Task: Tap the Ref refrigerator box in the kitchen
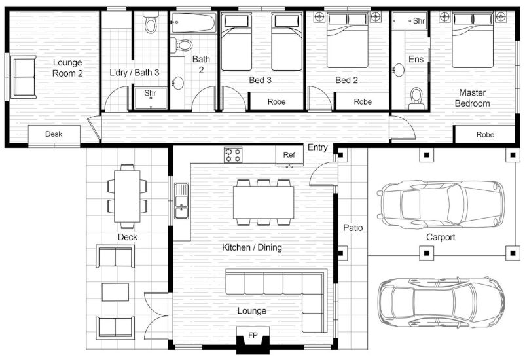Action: (x=289, y=154)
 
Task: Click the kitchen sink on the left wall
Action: (x=181, y=200)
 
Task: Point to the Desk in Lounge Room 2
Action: (x=54, y=134)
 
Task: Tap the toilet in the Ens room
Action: (x=416, y=97)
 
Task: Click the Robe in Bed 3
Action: (x=276, y=101)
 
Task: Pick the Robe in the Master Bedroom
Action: (x=485, y=134)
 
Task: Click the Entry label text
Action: (x=317, y=147)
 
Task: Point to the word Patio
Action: (x=353, y=228)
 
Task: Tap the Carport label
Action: (x=441, y=237)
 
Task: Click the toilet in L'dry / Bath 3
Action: (x=151, y=24)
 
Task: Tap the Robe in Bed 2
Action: (x=362, y=101)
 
